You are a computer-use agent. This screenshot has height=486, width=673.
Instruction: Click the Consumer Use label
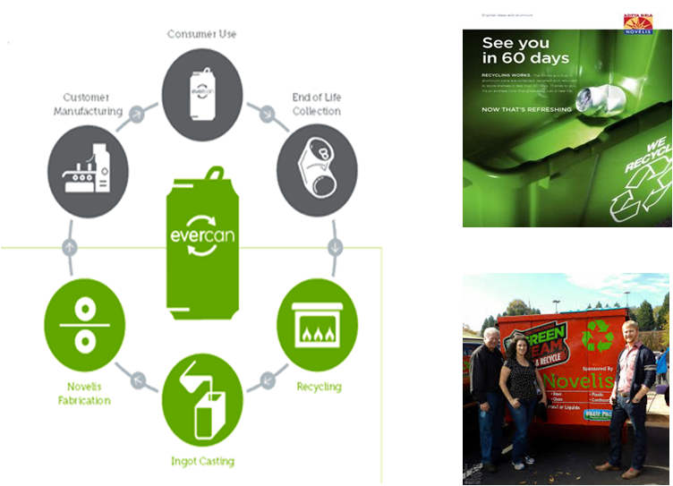click(202, 34)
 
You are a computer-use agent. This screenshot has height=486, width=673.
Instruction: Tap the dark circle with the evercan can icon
click(202, 93)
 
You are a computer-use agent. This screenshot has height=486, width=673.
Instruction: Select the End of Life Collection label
click(317, 104)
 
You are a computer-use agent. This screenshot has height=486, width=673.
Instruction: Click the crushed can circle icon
click(317, 171)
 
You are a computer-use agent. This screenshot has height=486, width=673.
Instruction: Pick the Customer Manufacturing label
click(93, 104)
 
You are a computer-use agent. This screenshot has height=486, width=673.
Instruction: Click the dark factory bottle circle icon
click(88, 171)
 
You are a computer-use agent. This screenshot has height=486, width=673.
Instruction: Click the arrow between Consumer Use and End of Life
click(267, 114)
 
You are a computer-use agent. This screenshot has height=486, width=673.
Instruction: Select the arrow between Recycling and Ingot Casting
click(267, 379)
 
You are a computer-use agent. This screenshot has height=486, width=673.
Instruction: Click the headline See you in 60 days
click(525, 50)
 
